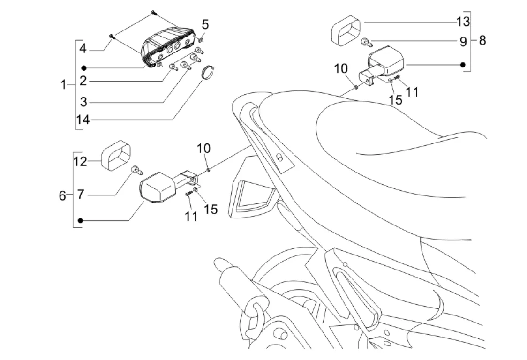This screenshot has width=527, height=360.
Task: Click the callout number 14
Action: (83, 120)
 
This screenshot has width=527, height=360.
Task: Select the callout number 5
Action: (206, 24)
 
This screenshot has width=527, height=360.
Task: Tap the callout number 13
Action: (462, 22)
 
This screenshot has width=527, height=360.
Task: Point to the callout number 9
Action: (463, 42)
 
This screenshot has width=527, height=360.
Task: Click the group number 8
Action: (482, 41)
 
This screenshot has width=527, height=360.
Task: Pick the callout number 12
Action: (80, 162)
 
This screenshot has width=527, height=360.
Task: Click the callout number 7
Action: (81, 194)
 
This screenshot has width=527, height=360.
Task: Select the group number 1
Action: (63, 85)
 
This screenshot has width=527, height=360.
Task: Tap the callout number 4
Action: (83, 48)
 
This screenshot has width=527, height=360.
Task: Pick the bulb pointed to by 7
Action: (136, 170)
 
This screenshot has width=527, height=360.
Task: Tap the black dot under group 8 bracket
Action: (463, 64)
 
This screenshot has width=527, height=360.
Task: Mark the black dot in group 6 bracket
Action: (81, 220)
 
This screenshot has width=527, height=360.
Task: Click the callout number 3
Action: (83, 101)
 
